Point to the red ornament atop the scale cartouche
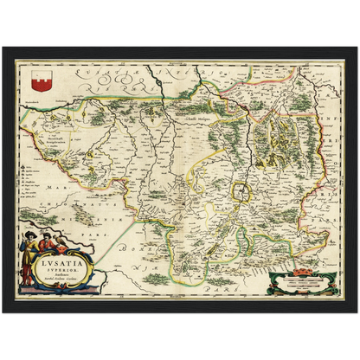301,269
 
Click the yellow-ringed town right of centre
248,192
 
